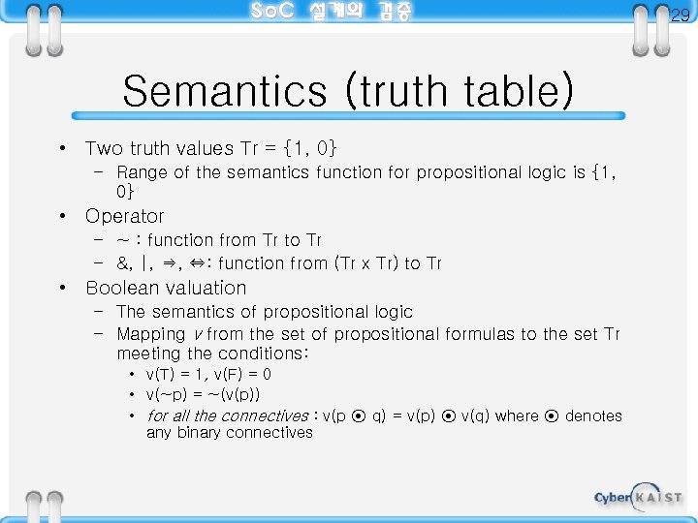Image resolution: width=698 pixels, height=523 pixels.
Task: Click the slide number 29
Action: click(x=681, y=15)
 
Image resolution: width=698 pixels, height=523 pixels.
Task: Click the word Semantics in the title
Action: click(x=225, y=92)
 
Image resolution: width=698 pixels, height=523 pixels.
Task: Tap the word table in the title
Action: click(x=510, y=92)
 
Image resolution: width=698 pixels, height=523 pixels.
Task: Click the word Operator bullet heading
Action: click(x=125, y=216)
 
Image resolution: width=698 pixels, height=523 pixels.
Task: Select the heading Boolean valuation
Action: click(x=166, y=288)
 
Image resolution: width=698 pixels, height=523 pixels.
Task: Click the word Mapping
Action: click(x=150, y=334)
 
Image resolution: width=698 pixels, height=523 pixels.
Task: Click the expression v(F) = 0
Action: click(x=242, y=374)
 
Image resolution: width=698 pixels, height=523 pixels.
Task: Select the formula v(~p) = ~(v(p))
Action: click(x=203, y=394)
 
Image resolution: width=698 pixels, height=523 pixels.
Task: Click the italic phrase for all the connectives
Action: click(x=227, y=415)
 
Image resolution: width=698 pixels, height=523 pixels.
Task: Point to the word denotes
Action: click(x=593, y=415)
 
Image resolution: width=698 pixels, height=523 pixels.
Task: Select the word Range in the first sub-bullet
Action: click(x=141, y=172)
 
